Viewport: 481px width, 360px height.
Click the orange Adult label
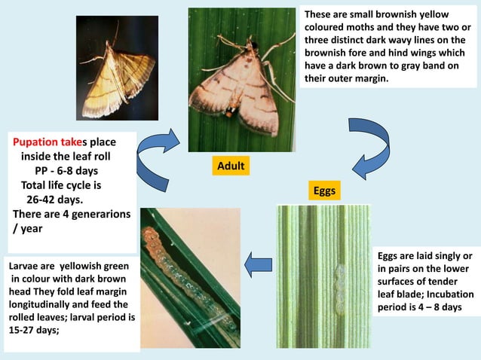[230, 166]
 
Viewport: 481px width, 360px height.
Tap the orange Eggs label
[323, 191]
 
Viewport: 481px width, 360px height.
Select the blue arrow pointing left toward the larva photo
[259, 263]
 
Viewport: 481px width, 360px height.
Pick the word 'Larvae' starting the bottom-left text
[24, 267]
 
